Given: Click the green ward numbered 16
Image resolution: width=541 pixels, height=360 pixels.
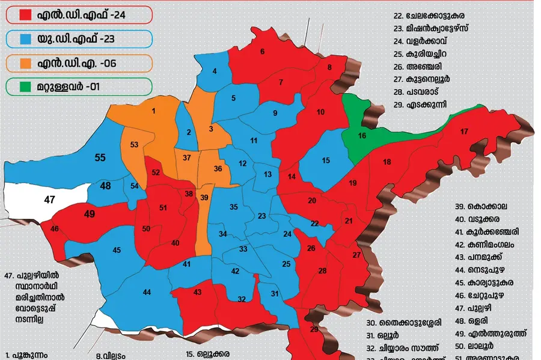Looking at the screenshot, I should [x=362, y=136].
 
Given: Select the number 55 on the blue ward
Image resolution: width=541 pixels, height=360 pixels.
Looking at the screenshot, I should [x=100, y=158].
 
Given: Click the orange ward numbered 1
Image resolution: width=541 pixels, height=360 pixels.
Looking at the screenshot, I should [x=154, y=111].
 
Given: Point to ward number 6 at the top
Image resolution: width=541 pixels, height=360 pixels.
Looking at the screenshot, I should [x=262, y=52].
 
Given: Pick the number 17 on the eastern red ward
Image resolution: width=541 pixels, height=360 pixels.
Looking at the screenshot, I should [x=464, y=132].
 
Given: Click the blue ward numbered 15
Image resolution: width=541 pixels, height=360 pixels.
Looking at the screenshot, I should [x=326, y=160].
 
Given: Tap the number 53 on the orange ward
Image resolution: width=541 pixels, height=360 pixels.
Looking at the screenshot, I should [x=134, y=145].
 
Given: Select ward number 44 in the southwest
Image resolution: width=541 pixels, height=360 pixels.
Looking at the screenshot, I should [x=147, y=292].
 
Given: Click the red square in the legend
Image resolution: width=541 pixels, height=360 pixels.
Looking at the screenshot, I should [x=25, y=14].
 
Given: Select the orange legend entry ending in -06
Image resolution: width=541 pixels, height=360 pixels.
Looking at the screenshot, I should [x=78, y=63].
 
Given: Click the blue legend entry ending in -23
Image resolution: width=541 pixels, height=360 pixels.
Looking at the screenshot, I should [x=78, y=38].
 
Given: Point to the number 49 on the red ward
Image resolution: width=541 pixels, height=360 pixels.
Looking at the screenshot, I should [x=90, y=214].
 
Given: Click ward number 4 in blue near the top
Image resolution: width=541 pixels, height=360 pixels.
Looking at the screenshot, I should [x=215, y=72].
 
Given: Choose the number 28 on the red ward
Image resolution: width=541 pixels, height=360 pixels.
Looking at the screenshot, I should [x=322, y=271].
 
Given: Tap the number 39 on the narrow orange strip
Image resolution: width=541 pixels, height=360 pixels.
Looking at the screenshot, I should [x=204, y=198].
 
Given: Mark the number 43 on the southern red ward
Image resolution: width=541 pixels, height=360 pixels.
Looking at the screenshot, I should [x=197, y=291].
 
